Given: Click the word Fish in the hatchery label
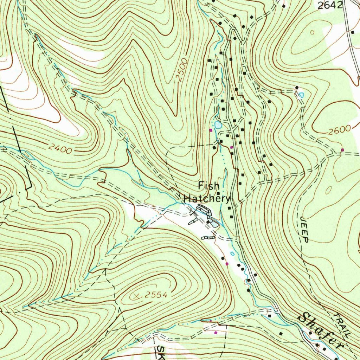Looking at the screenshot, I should pyautogui.click(x=209, y=186).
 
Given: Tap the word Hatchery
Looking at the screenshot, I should pyautogui.click(x=207, y=199).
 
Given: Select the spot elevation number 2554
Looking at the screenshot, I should pyautogui.click(x=155, y=296).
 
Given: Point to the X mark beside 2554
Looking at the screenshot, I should pyautogui.click(x=137, y=297).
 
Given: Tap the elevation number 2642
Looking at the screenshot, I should pyautogui.click(x=329, y=5).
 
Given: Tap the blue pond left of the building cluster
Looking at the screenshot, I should pyautogui.click(x=218, y=125).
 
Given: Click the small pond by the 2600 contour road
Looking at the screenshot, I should pyautogui.click(x=301, y=95).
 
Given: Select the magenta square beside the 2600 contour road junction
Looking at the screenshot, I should pyautogui.click(x=342, y=150).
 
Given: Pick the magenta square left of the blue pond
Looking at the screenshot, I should pyautogui.click(x=211, y=130).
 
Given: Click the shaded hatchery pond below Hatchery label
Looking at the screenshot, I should pyautogui.click(x=215, y=222).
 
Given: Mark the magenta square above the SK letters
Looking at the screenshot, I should pyautogui.click(x=216, y=332).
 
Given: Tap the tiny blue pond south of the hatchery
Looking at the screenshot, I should pyautogui.click(x=232, y=253).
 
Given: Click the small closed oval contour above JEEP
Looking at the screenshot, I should pyautogui.click(x=328, y=190).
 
